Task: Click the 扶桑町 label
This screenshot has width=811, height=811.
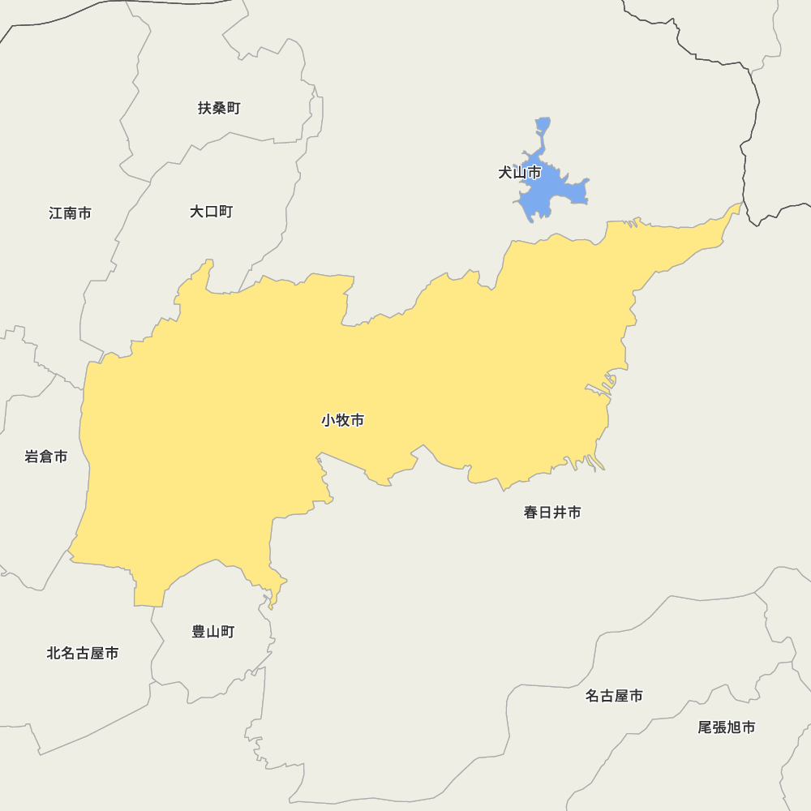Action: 219,108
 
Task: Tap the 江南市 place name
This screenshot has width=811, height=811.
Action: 70,213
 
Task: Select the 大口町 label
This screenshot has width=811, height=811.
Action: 211,212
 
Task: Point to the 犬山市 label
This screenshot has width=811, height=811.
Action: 519,173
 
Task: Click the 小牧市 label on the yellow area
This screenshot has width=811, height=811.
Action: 342,420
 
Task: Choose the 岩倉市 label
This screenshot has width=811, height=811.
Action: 46,457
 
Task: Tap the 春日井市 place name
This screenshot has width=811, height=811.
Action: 552,513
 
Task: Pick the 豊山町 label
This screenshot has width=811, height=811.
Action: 213,631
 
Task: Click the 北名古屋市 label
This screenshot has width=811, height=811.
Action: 83,653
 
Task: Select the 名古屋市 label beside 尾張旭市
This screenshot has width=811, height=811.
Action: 614,696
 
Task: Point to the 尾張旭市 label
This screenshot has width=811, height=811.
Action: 727,727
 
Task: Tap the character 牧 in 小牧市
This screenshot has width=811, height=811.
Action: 342,420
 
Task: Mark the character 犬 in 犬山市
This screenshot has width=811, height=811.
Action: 505,173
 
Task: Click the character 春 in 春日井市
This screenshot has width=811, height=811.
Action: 531,513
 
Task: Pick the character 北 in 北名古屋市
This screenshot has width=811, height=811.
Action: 54,653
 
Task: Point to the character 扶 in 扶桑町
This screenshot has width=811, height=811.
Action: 205,108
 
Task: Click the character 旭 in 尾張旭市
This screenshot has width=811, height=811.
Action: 734,727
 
